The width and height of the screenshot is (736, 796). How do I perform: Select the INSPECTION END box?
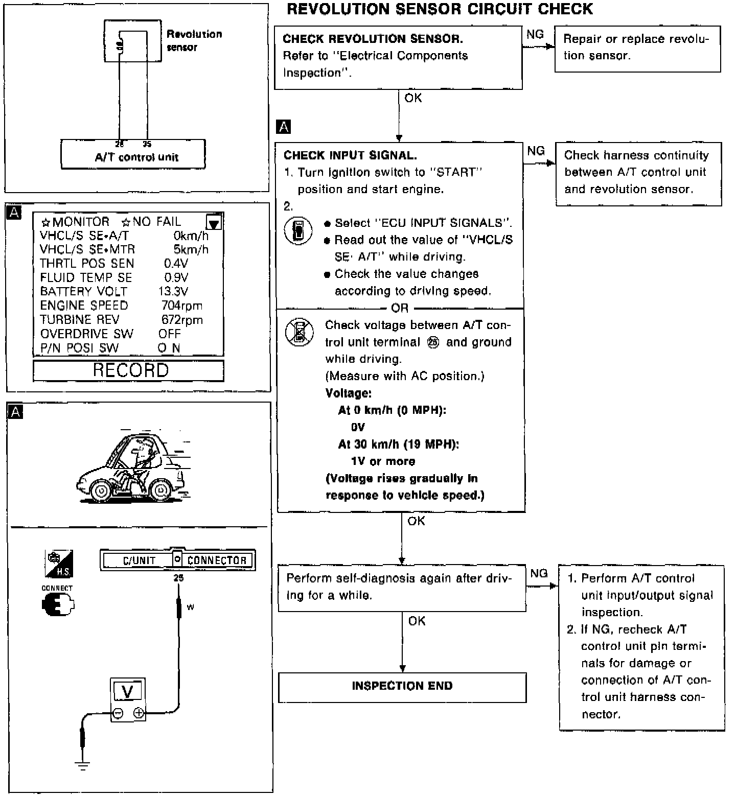pos(402,687)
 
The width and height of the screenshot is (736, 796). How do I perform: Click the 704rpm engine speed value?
pos(181,306)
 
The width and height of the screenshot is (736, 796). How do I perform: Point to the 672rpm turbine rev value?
pos(182,320)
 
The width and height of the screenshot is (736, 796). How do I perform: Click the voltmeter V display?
pos(128,692)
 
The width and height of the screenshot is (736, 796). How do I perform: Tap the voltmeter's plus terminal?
pos(139,713)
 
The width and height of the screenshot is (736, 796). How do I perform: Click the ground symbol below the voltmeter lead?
pos(82,765)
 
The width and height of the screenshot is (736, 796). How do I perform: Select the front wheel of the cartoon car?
pos(102,491)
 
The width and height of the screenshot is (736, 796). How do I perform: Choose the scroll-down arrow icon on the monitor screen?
pos(214,223)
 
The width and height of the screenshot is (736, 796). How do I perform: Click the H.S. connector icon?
pos(59,564)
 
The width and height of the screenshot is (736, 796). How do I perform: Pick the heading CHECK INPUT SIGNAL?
pos(350,155)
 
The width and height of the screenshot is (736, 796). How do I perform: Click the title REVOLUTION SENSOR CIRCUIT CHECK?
pos(440,9)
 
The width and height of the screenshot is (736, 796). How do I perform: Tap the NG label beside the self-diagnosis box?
pos(539,573)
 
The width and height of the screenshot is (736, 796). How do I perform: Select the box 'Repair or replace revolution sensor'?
pos(637,48)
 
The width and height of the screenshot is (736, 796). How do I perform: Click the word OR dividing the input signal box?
pos(400,308)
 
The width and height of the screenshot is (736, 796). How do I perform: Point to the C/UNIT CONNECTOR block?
pos(177,560)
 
